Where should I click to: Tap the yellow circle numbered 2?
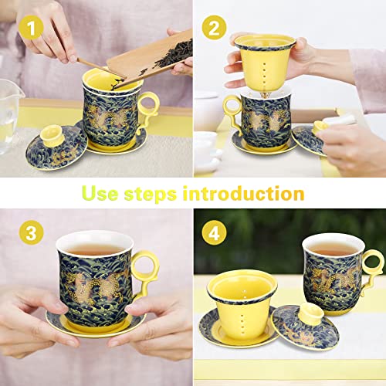(x=215, y=29)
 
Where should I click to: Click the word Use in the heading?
(x=106, y=193)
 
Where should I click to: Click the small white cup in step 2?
(x=205, y=144)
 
